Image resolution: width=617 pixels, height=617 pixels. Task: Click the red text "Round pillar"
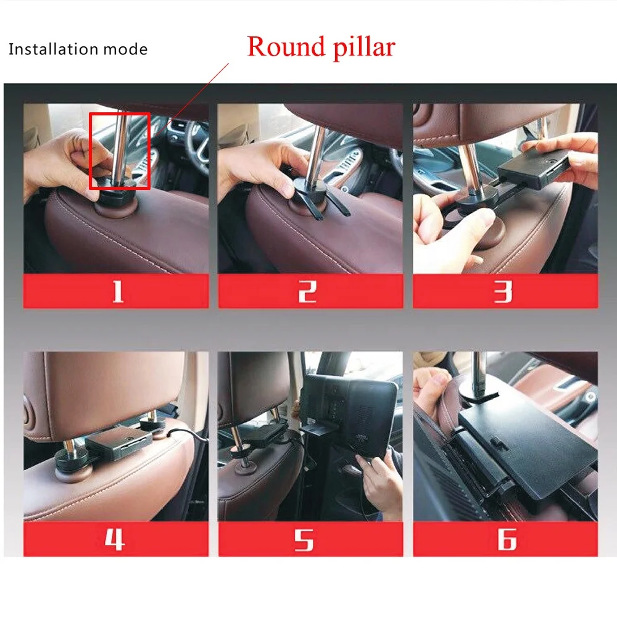(321, 47)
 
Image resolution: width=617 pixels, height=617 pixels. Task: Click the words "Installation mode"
(78, 49)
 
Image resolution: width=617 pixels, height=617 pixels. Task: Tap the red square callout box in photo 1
(120, 151)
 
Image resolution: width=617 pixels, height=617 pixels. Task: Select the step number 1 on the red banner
(117, 291)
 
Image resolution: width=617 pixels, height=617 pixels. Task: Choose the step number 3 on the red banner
(503, 291)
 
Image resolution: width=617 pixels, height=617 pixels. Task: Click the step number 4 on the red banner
(115, 539)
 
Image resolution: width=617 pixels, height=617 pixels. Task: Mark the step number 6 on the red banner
(506, 539)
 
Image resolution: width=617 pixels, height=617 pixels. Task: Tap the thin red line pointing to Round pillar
(197, 93)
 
